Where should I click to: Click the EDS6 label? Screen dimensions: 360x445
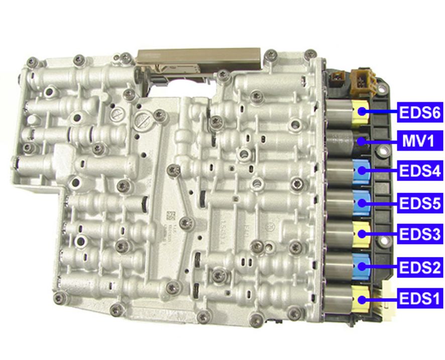419,112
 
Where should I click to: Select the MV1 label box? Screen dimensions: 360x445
419,141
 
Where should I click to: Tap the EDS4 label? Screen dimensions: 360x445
419,172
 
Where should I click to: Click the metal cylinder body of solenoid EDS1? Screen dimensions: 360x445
339,299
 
